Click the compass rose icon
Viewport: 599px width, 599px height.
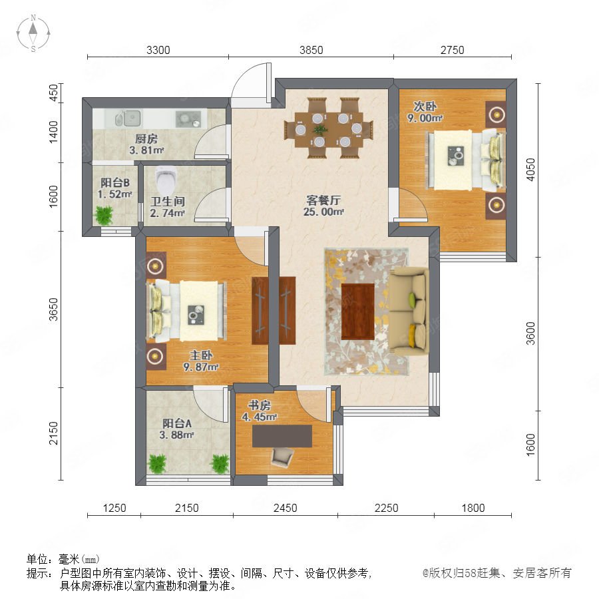pyautogui.click(x=33, y=33)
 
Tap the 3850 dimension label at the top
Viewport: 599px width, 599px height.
pyautogui.click(x=311, y=50)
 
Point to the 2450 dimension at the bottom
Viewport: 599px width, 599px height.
pyautogui.click(x=285, y=508)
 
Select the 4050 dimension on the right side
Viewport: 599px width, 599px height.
pyautogui.click(x=530, y=170)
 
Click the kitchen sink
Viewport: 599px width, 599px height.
pyautogui.click(x=128, y=118)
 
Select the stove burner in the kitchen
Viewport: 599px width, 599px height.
pyautogui.click(x=188, y=118)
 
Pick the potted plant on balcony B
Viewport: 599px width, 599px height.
pyautogui.click(x=104, y=216)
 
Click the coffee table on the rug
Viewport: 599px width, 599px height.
pyautogui.click(x=357, y=311)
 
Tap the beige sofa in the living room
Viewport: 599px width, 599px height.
pyautogui.click(x=409, y=311)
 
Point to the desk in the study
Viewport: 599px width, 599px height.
pyautogui.click(x=282, y=436)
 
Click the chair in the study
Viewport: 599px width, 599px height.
pyautogui.click(x=282, y=457)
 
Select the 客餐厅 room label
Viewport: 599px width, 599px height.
pyautogui.click(x=323, y=200)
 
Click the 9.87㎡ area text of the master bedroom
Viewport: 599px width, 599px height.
pyautogui.click(x=200, y=367)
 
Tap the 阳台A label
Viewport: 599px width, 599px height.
pyautogui.click(x=177, y=423)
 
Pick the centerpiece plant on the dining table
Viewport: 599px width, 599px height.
pyautogui.click(x=320, y=130)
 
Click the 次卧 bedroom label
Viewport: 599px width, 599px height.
pyautogui.click(x=425, y=106)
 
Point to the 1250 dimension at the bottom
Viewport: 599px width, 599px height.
pyautogui.click(x=114, y=508)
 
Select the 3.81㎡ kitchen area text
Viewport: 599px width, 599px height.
pyautogui.click(x=146, y=150)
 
